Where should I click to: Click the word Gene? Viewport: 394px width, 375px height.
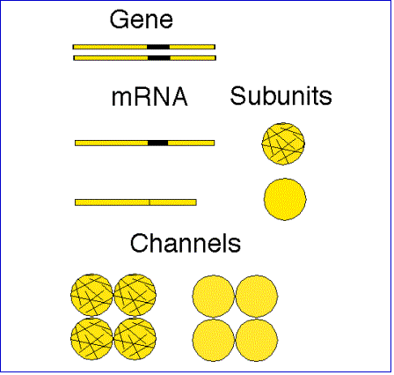point(142,19)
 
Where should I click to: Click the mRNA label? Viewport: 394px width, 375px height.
point(150,97)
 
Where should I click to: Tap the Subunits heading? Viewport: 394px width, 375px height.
point(281,96)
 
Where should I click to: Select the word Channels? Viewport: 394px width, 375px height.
point(186,243)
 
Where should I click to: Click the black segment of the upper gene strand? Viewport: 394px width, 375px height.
point(158,47)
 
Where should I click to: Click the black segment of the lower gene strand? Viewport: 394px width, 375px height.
point(159,58)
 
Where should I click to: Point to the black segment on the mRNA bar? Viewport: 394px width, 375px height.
point(158,143)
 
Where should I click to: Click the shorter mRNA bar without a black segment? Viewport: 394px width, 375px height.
point(135,202)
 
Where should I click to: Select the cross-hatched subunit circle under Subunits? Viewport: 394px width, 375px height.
point(283,143)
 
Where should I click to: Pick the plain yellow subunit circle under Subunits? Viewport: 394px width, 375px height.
point(285,199)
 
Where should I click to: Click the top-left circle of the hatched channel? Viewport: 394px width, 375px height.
point(91,295)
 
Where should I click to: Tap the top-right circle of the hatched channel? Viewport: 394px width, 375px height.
point(135,295)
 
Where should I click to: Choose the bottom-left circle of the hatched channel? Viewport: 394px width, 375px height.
point(91,338)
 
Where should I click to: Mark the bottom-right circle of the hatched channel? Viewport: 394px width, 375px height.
point(135,338)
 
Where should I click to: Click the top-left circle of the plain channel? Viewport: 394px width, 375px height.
point(214,296)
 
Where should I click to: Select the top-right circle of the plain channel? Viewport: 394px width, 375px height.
point(257,296)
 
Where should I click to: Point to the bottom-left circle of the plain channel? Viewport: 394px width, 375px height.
point(214,340)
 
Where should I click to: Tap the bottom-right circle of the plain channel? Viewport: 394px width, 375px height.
point(257,340)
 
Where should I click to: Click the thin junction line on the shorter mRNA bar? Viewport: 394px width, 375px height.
point(150,202)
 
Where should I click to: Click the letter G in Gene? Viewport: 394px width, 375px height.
point(119,19)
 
